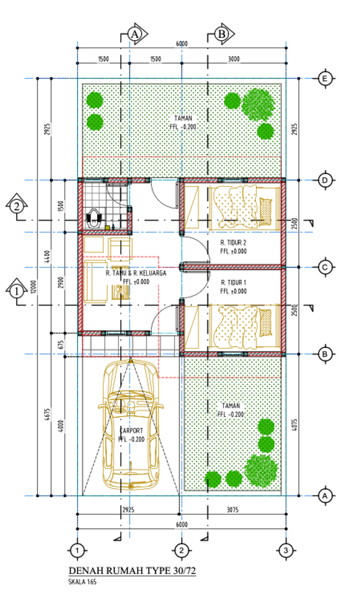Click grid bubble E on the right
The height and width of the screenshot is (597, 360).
click(x=325, y=78)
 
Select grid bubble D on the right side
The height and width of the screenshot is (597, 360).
click(x=325, y=180)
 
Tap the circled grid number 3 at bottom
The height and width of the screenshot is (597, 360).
click(x=285, y=550)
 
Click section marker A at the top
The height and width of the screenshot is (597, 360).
click(x=135, y=34)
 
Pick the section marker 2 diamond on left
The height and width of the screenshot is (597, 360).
click(x=17, y=206)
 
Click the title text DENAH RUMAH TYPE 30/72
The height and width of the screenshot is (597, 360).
click(x=132, y=571)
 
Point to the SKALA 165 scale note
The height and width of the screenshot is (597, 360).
click(x=82, y=582)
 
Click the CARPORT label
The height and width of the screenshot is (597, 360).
click(x=131, y=430)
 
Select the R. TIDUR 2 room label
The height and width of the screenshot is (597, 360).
click(x=233, y=242)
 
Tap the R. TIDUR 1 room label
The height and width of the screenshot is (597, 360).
click(x=233, y=283)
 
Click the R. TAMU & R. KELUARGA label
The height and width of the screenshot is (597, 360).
click(x=136, y=273)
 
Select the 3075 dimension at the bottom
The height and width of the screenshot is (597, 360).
click(x=232, y=510)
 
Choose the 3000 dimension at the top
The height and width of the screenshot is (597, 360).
click(x=234, y=59)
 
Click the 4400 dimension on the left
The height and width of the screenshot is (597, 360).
click(x=47, y=257)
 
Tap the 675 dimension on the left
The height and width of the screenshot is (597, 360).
click(x=61, y=344)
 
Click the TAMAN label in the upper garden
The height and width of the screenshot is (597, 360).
click(x=183, y=118)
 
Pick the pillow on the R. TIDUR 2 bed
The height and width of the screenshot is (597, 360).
click(x=265, y=212)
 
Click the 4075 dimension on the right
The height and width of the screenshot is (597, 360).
click(x=294, y=424)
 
